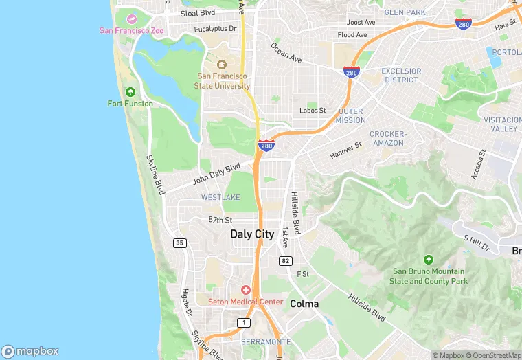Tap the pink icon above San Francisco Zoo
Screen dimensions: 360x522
[131, 18]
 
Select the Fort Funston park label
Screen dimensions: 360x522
[130, 104]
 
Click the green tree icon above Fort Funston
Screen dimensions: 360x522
[130, 91]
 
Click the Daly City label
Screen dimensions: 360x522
[251, 234]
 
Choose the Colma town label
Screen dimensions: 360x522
[304, 303]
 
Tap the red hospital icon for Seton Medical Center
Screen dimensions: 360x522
[245, 291]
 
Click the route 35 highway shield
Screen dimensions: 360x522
[180, 243]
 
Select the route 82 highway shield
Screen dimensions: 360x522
[285, 261]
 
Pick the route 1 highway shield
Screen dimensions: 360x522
[243, 323]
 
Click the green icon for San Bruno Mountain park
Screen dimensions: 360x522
[429, 260]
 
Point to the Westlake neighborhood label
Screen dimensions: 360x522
[220, 197]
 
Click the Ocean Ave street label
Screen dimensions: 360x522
[286, 54]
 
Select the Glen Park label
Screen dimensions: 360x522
[405, 12]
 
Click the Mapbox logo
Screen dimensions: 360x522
[31, 350]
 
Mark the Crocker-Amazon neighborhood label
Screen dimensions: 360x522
[388, 138]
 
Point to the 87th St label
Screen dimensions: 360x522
[220, 220]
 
